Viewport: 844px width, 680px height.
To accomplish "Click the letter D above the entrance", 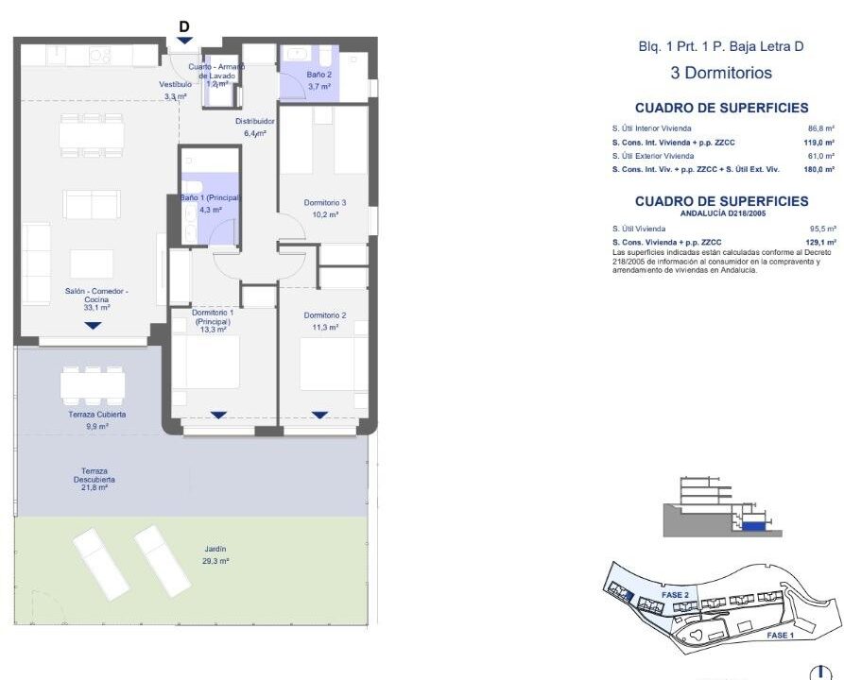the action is tap(184, 26).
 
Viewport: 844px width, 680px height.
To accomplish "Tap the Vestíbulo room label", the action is tap(176, 84).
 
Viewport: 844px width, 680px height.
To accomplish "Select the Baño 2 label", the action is tap(319, 75).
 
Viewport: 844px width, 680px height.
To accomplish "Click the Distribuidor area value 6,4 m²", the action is tap(255, 133).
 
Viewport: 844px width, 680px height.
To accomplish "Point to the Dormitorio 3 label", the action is tap(325, 203).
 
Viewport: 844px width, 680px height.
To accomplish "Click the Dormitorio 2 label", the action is tap(325, 315).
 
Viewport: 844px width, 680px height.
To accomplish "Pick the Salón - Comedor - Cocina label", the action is tap(97, 296).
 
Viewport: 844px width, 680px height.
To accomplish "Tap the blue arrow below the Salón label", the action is tap(94, 326).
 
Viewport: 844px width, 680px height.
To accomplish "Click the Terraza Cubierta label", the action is tap(97, 415).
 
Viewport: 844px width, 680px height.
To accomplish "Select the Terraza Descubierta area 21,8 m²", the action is tap(95, 488).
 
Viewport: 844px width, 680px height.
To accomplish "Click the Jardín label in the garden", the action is tap(215, 549).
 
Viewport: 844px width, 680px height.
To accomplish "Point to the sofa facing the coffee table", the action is tap(92, 204).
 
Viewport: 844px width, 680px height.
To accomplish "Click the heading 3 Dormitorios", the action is tap(721, 73).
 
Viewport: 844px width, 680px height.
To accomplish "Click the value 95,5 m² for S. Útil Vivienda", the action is tap(823, 229).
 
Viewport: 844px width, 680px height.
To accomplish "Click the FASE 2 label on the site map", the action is tap(675, 595).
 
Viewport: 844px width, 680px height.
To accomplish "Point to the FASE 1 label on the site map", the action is tap(780, 636).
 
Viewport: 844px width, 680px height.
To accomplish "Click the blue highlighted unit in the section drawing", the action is tap(753, 526).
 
